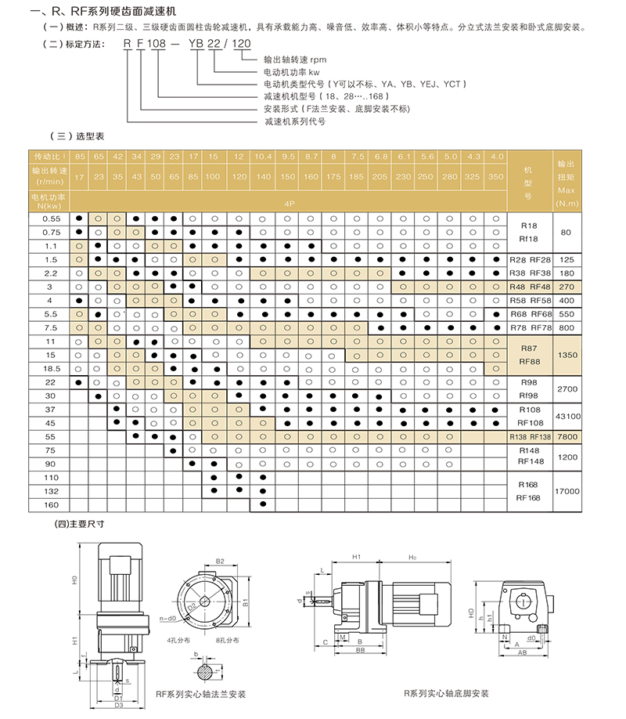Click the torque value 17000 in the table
click(x=567, y=491)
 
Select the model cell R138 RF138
click(x=531, y=437)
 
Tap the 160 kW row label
click(x=51, y=505)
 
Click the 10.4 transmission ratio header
click(x=263, y=157)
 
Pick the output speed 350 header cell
click(x=496, y=176)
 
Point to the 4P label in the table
click(x=290, y=204)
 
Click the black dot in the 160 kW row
click(x=263, y=504)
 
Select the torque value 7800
click(x=567, y=437)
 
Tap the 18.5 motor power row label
click(x=52, y=369)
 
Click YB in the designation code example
click(x=196, y=44)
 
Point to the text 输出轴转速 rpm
click(x=295, y=60)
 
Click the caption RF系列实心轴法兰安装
click(x=201, y=694)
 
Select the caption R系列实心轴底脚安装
click(x=446, y=693)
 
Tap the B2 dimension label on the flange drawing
click(x=220, y=562)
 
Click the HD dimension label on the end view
click(x=471, y=612)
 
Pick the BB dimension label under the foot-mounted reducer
click(x=360, y=650)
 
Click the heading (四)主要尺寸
click(x=79, y=524)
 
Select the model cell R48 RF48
click(x=531, y=287)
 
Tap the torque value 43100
click(x=568, y=417)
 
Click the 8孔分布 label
click(x=227, y=640)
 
